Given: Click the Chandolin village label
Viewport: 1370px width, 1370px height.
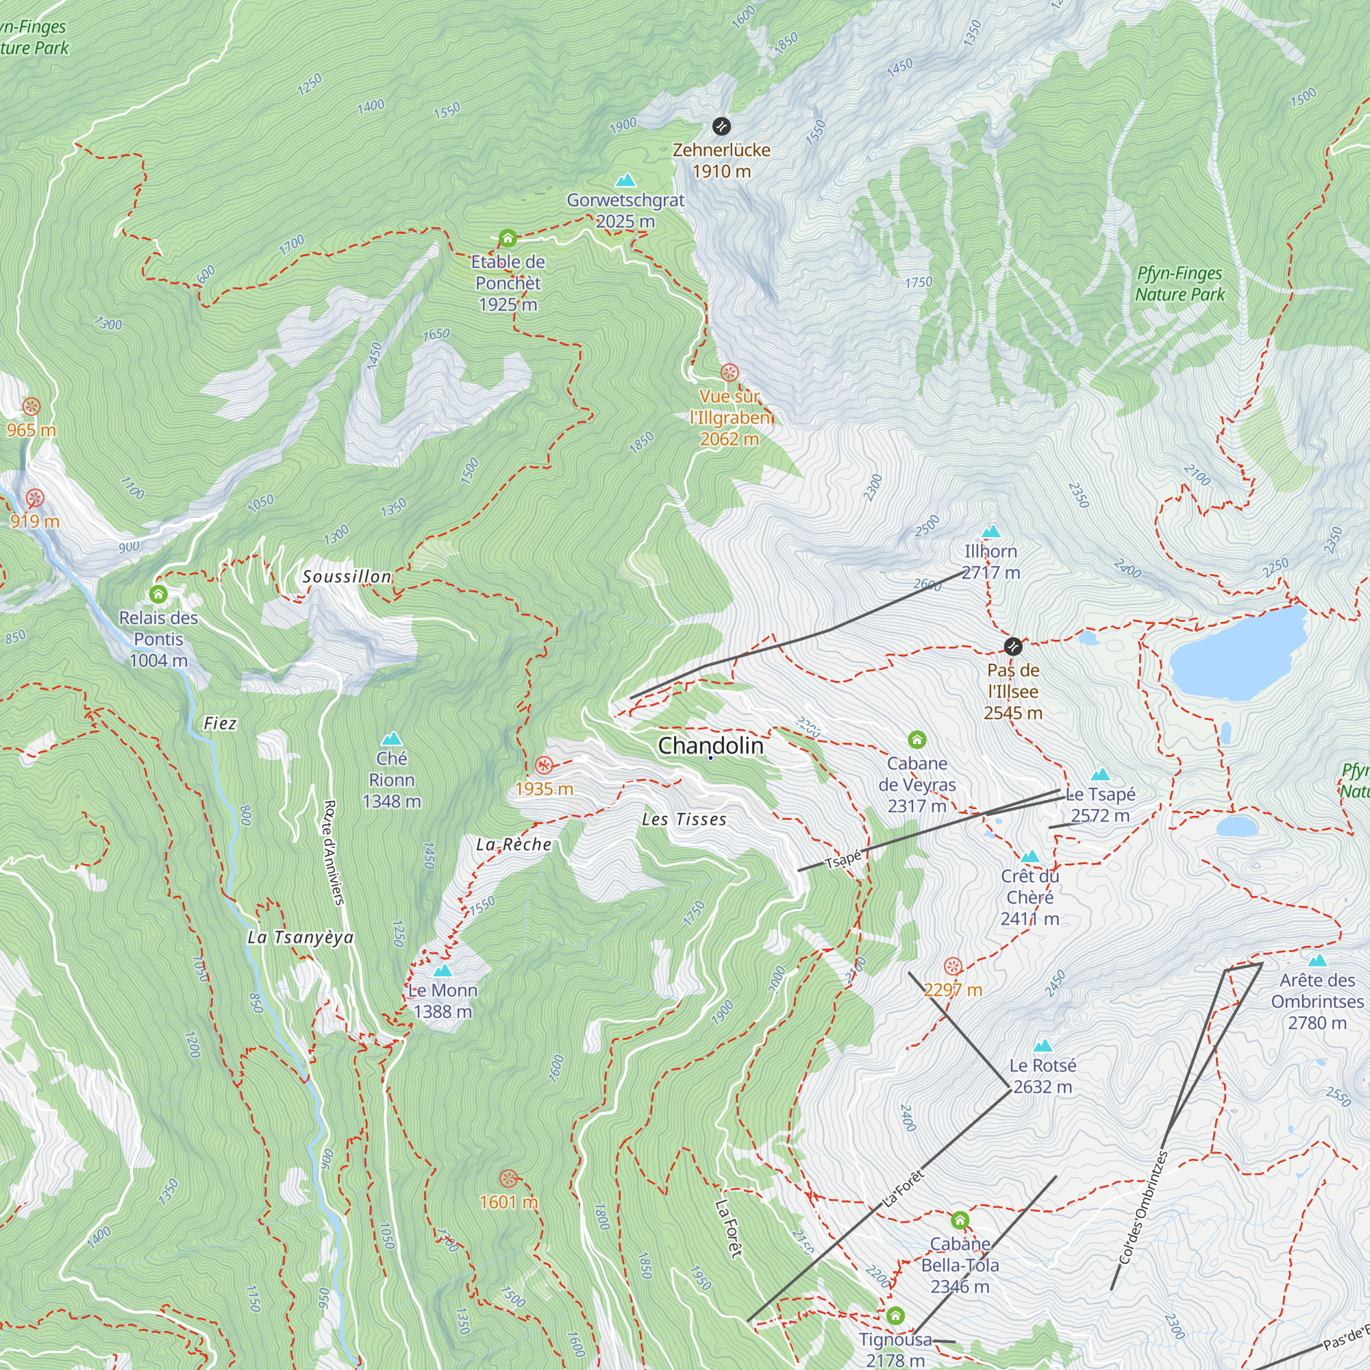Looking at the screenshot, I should pos(710,746).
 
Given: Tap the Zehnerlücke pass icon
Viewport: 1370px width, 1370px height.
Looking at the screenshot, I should pos(721,127).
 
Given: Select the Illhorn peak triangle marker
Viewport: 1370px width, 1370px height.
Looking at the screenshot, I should pos(991,531).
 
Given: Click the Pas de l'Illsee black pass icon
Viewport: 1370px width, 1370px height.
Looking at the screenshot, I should pos(1013,646).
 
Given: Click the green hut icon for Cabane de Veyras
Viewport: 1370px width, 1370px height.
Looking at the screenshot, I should pos(917,740).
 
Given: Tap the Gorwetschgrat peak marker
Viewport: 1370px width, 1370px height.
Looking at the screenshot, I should pos(625,180).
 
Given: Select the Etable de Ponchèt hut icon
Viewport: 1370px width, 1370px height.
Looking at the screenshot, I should pos(508,238).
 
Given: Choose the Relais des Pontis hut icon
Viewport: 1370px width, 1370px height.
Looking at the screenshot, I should pos(158,594).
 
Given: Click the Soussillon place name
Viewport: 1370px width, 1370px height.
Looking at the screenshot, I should pos(347,577).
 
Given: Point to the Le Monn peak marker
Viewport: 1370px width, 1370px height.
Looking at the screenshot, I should pos(443,970).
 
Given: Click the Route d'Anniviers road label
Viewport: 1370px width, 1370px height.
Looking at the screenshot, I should pos(334,852).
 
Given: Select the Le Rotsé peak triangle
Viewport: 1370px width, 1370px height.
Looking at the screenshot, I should pos(1043,1046).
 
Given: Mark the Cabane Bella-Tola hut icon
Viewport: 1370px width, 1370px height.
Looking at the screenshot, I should pos(960,1221).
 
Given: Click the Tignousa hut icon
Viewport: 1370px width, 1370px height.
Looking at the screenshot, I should pos(895,1316).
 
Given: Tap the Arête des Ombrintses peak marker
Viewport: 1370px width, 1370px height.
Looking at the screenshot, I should pos(1317,961).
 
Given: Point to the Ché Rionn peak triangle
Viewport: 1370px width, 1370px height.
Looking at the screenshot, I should pos(391,739).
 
